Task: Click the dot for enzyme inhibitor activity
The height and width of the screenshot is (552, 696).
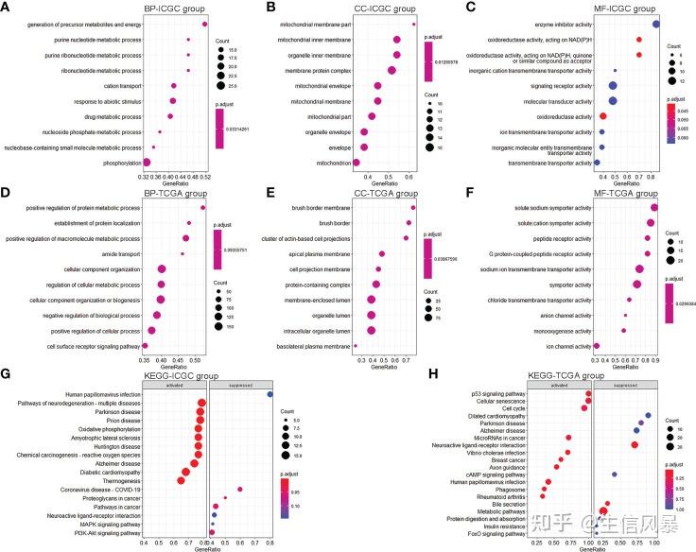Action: [655, 25]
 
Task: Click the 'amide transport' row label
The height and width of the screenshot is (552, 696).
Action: [115, 253]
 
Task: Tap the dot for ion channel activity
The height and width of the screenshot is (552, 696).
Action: [596, 346]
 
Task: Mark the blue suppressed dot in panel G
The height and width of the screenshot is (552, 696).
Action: [270, 394]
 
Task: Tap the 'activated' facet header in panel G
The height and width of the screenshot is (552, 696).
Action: [173, 385]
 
